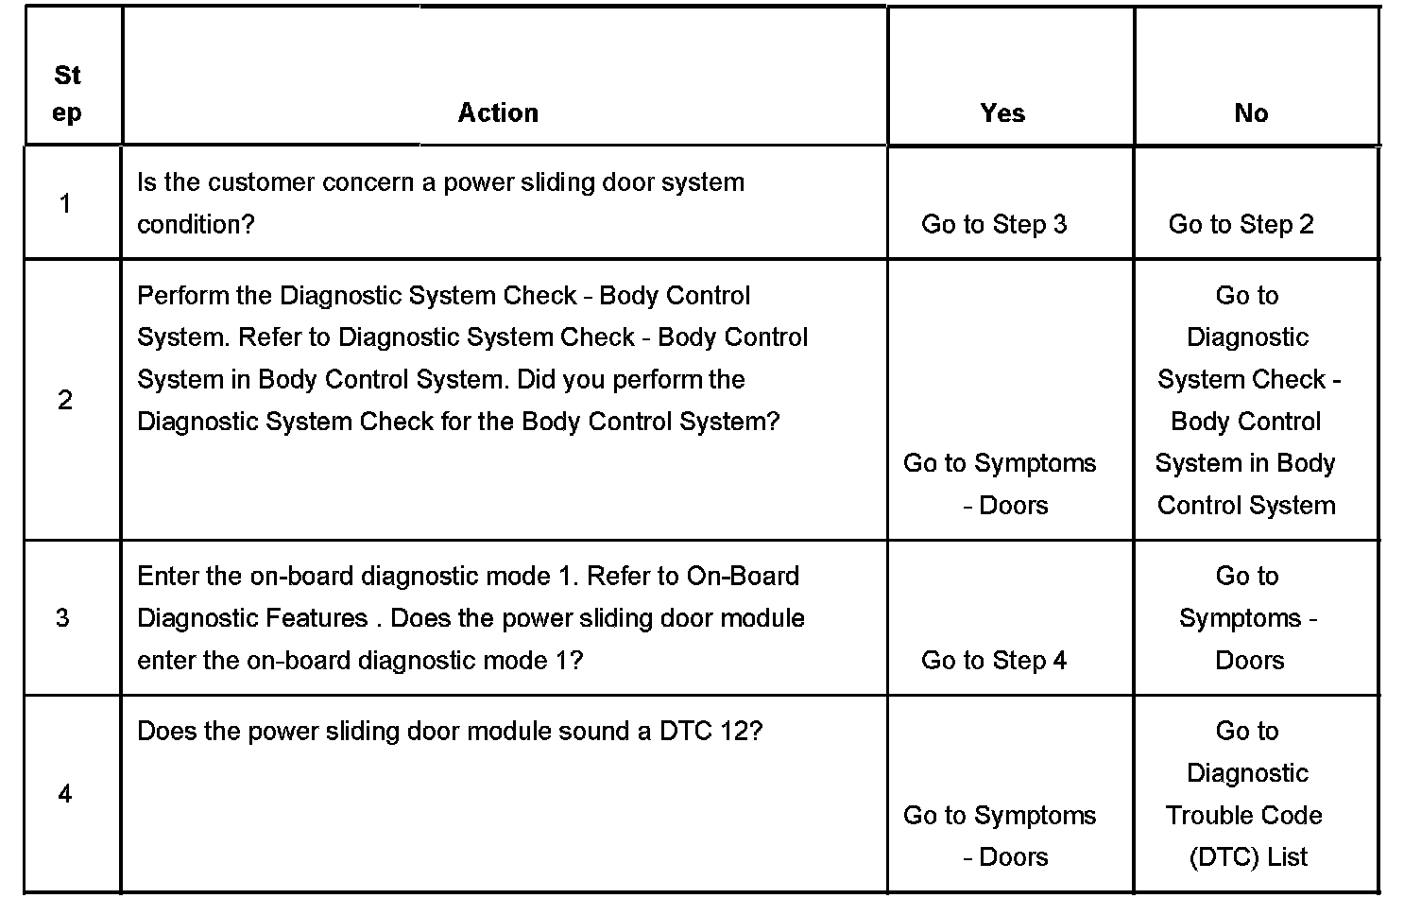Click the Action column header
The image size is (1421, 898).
tap(498, 112)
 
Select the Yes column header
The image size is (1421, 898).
tap(1002, 112)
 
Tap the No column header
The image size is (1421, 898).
tap(1251, 112)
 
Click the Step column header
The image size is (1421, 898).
tap(67, 94)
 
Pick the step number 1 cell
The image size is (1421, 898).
tap(64, 202)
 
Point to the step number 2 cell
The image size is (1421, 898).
tap(64, 400)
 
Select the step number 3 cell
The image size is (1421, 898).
tap(62, 618)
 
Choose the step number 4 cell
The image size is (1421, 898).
tap(64, 794)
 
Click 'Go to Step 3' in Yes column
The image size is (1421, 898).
tap(994, 224)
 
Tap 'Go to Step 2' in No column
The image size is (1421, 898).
tap(1241, 224)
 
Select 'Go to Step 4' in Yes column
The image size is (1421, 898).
tap(994, 660)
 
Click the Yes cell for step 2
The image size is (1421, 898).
tap(1000, 483)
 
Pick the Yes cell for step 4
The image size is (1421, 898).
tap(1000, 836)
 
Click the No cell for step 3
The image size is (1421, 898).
tap(1248, 618)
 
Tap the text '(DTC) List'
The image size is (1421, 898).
tap(1248, 856)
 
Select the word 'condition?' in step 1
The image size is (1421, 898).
tap(196, 224)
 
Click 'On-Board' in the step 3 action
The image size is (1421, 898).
tap(743, 576)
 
